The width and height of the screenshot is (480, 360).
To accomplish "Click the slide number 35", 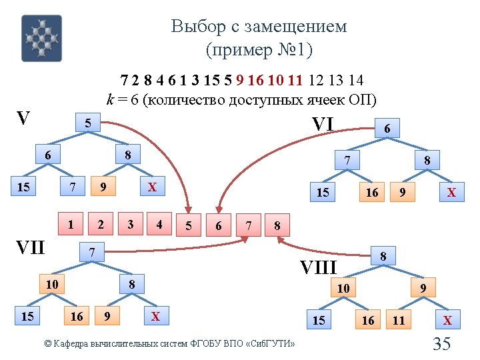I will (442, 344).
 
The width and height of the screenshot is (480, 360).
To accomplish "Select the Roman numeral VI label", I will (323, 123).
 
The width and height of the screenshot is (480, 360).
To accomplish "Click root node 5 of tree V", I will (88, 123).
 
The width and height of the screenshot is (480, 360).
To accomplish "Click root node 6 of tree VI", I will (387, 128).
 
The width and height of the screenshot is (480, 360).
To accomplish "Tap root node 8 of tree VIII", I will (383, 255).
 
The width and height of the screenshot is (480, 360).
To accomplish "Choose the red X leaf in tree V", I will (152, 187).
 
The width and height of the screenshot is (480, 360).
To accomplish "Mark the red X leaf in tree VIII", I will (448, 321).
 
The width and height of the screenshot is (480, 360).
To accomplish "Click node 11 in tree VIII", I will (399, 321).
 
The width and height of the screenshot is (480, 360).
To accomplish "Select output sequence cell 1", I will (71, 224).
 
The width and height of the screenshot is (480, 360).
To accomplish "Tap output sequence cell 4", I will (159, 224).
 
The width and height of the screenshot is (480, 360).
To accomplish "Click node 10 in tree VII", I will (52, 285).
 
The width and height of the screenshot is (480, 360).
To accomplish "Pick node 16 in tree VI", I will (372, 192).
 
